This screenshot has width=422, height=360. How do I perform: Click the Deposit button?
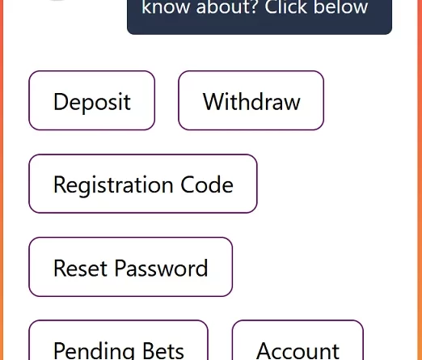[92, 100]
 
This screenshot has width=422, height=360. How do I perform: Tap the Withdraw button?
[251, 100]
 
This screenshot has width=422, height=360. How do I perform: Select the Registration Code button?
[143, 184]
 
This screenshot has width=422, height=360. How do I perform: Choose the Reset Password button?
[131, 267]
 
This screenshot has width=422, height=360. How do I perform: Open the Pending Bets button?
[118, 341]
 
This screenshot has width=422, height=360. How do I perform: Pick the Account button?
[298, 341]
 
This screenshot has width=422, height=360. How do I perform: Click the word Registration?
[113, 185]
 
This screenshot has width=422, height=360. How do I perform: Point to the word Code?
[207, 184]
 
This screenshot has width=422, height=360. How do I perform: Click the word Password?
[162, 268]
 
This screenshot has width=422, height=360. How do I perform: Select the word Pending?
[94, 350]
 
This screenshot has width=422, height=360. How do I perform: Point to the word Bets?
[163, 350]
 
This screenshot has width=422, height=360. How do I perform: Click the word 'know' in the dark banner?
[165, 6]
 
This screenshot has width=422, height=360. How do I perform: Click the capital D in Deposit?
[61, 101]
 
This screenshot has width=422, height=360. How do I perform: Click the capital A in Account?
[264, 350]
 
